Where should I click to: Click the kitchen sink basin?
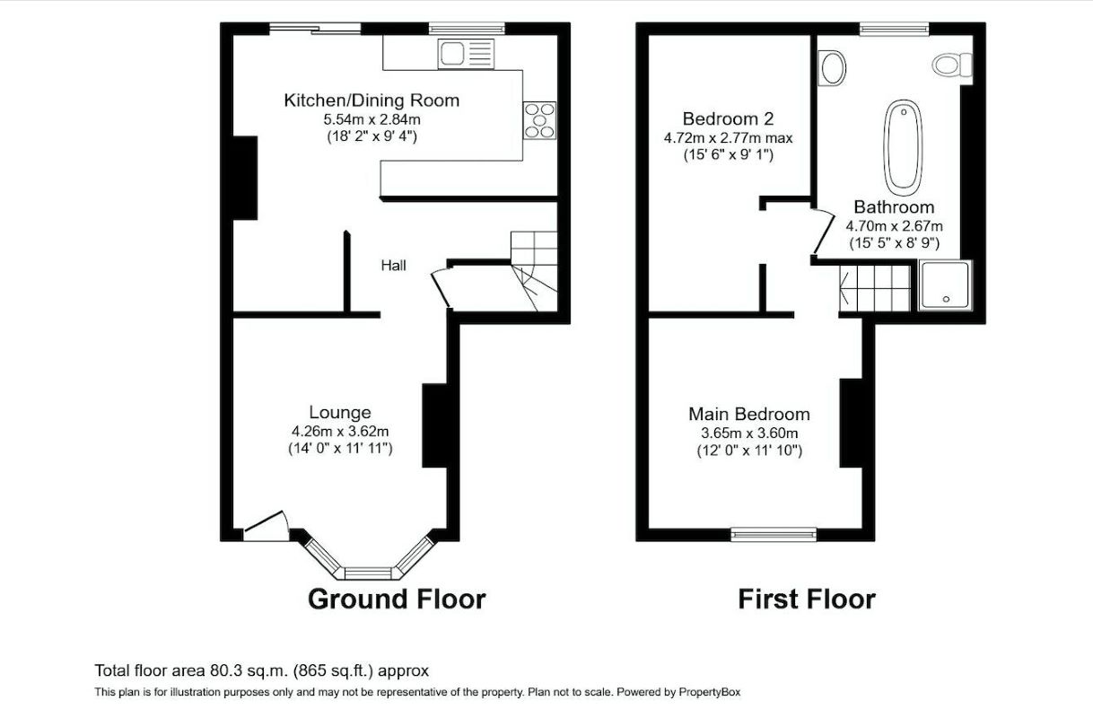[451, 54]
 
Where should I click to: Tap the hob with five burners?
[539, 120]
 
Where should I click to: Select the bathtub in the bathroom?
[903, 147]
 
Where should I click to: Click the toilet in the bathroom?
[952, 65]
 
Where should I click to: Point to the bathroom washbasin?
[833, 68]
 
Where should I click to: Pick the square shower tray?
[945, 285]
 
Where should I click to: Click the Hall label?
[393, 266]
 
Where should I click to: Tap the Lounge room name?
[340, 413]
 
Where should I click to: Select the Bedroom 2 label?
[728, 118]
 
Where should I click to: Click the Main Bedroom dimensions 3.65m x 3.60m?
[749, 433]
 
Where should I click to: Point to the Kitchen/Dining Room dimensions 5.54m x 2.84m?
[372, 119]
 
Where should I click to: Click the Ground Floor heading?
[397, 599]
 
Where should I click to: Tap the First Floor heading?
[807, 599]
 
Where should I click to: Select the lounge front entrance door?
[267, 526]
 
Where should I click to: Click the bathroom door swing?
[823, 232]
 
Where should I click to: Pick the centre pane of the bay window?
[369, 573]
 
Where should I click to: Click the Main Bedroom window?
[774, 534]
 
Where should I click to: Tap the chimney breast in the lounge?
[434, 425]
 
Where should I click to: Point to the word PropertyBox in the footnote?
[710, 692]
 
